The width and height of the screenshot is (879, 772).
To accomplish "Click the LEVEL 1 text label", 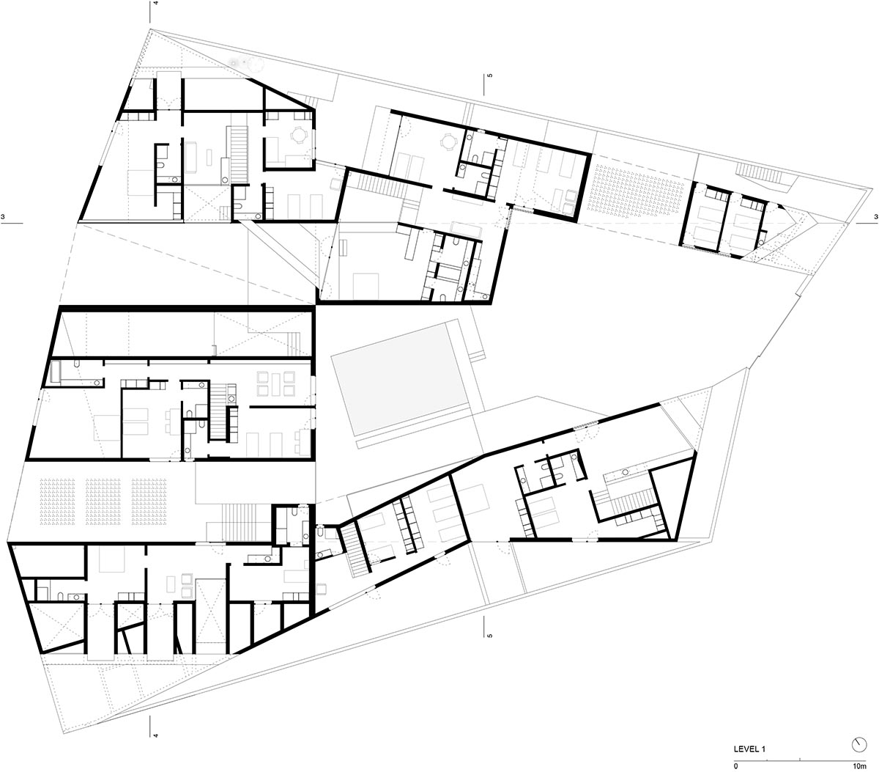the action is click(x=749, y=749).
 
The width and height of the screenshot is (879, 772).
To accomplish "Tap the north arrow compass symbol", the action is click(x=859, y=744).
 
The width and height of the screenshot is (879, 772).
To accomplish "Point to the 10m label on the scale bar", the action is click(x=859, y=766).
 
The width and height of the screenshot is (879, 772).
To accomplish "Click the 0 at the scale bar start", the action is click(x=736, y=766).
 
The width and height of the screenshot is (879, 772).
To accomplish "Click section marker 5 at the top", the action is click(x=490, y=76).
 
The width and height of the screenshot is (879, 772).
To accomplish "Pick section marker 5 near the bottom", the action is click(x=490, y=635).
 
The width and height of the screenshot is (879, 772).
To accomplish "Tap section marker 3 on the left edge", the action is click(x=3, y=216).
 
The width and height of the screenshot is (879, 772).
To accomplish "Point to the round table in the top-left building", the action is click(x=298, y=135).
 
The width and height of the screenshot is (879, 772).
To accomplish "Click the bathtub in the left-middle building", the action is click(x=56, y=372).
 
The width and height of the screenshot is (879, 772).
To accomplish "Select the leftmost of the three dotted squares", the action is click(x=57, y=501).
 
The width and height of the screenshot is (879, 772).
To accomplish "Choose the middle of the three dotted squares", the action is click(x=103, y=501).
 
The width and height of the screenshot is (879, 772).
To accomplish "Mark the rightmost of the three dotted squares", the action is click(x=149, y=501).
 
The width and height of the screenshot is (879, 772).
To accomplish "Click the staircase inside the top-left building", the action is click(x=239, y=154).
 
